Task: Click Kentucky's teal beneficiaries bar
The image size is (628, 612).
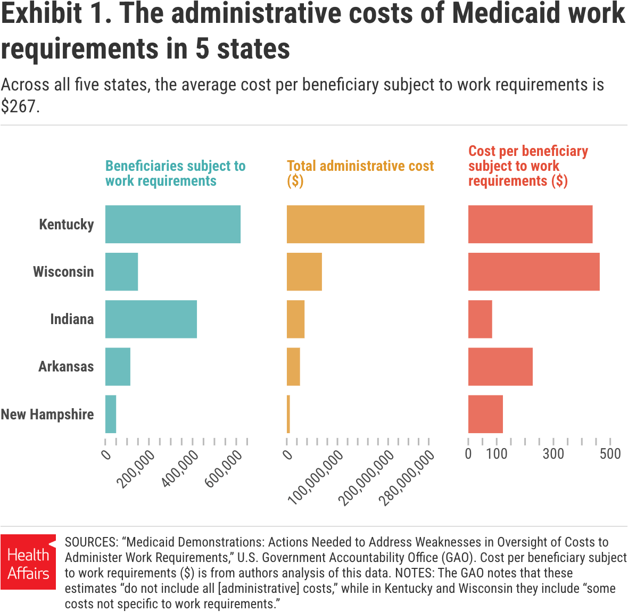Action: pyautogui.click(x=172, y=224)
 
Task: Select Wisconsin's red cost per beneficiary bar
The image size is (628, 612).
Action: pyautogui.click(x=533, y=271)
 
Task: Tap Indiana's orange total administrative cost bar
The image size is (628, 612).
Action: pyautogui.click(x=295, y=319)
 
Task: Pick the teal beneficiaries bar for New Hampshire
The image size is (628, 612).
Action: pyautogui.click(x=111, y=413)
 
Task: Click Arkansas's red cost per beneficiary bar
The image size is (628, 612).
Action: pyautogui.click(x=500, y=366)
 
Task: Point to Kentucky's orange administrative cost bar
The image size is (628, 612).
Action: pyautogui.click(x=355, y=224)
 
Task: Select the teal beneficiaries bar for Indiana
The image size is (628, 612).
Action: pyautogui.click(x=151, y=319)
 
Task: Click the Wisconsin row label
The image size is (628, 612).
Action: pyautogui.click(x=63, y=271)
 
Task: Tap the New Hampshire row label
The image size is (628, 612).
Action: pyautogui.click(x=47, y=414)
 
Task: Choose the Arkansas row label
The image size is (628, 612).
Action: pyautogui.click(x=66, y=366)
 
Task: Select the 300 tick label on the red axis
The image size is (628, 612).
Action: pyautogui.click(x=553, y=454)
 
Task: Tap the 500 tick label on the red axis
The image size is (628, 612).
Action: pyautogui.click(x=610, y=454)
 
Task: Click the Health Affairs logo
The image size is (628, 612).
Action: pyautogui.click(x=28, y=562)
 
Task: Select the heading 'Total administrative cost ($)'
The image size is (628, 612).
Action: pyautogui.click(x=360, y=173)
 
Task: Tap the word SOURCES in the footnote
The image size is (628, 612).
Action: pyautogui.click(x=91, y=542)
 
